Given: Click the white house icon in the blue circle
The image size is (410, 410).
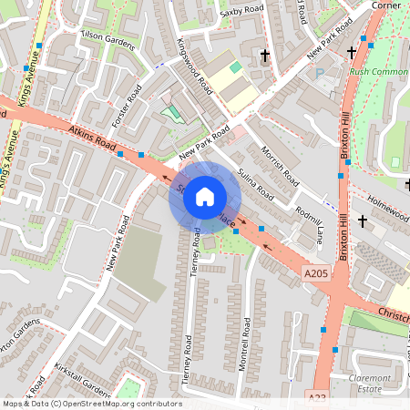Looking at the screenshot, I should click(204, 196).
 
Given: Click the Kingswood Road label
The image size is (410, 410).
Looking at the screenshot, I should click(195, 69).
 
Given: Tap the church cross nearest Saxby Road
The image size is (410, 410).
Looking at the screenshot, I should click(265, 56).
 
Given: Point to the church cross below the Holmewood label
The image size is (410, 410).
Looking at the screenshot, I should click(363, 220).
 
